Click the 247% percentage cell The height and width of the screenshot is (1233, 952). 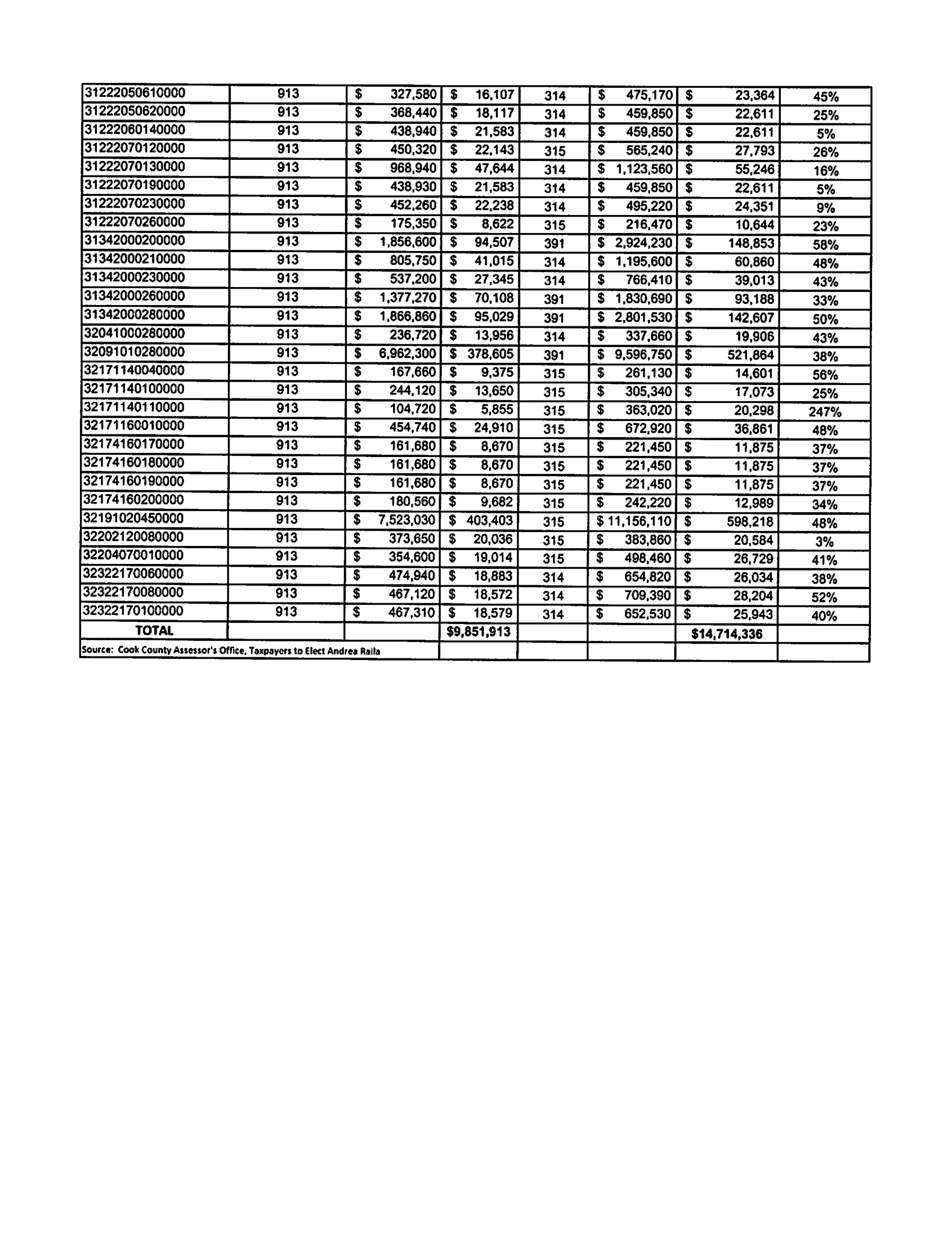click(x=824, y=411)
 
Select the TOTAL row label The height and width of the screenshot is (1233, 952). click(x=154, y=631)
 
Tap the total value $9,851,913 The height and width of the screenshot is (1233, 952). click(x=478, y=632)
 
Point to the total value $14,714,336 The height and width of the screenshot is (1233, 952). click(x=726, y=634)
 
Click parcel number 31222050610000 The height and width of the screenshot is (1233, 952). click(x=135, y=93)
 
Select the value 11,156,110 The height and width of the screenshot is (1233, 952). click(x=639, y=521)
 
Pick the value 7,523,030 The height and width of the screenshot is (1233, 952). click(x=406, y=519)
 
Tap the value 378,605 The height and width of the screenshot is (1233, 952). click(x=490, y=354)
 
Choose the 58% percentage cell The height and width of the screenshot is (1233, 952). click(x=825, y=245)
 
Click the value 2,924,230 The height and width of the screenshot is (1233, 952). click(x=643, y=243)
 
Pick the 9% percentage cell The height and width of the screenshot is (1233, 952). click(x=825, y=208)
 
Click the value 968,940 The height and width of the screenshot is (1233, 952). click(x=413, y=168)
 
